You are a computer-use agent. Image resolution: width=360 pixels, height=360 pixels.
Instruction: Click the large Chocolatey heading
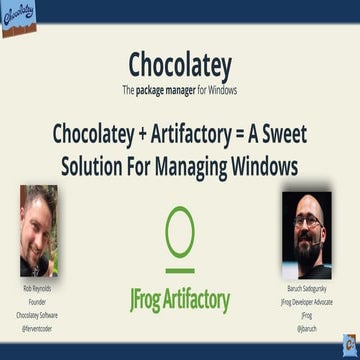pos(180,64)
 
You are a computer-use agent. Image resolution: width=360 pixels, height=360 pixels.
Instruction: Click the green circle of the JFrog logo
pos(180,232)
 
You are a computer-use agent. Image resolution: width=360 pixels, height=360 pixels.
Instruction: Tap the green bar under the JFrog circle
pos(180,269)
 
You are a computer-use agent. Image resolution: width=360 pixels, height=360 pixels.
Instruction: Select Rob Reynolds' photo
pos(39,231)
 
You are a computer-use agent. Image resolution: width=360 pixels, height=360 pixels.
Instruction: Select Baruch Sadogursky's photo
pos(306,234)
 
